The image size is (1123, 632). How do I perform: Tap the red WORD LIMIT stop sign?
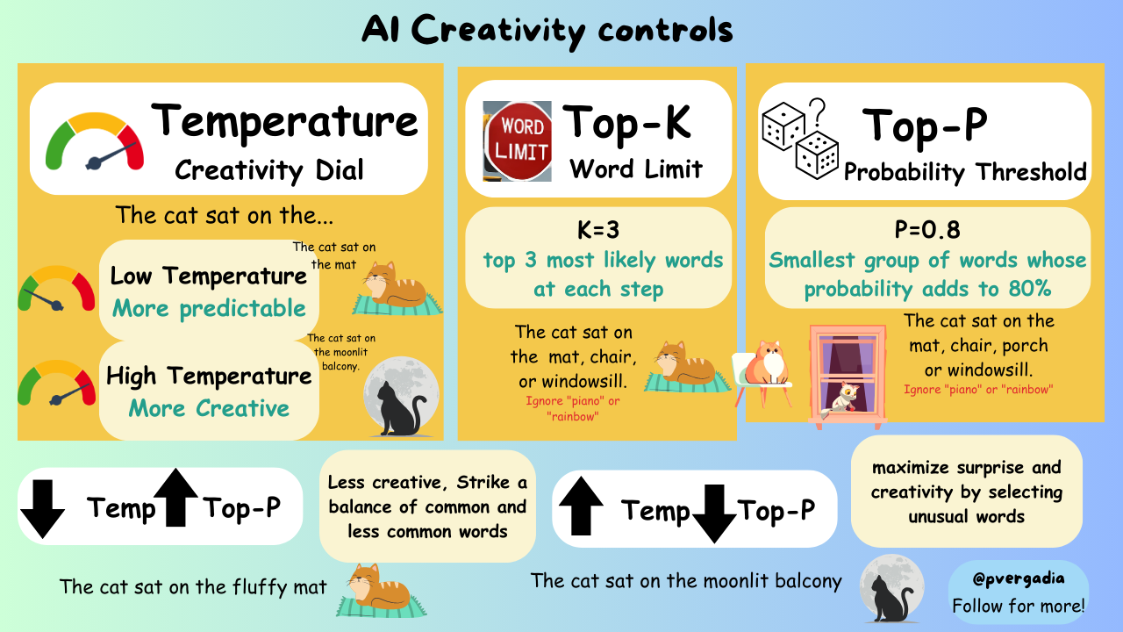(518, 140)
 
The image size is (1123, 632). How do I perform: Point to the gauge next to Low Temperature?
(55, 289)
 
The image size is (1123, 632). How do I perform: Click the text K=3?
(598, 230)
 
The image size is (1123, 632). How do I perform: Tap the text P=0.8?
(928, 230)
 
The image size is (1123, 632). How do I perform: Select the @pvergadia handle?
(1018, 580)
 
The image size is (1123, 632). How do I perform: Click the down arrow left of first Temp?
(42, 508)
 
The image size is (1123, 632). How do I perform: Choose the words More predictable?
(209, 309)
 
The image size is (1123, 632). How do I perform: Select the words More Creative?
(209, 408)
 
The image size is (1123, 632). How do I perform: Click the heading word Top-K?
(626, 123)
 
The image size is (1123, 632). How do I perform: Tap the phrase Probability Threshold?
(965, 172)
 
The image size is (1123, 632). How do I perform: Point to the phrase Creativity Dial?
(269, 169)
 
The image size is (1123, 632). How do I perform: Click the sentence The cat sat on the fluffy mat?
(193, 586)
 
